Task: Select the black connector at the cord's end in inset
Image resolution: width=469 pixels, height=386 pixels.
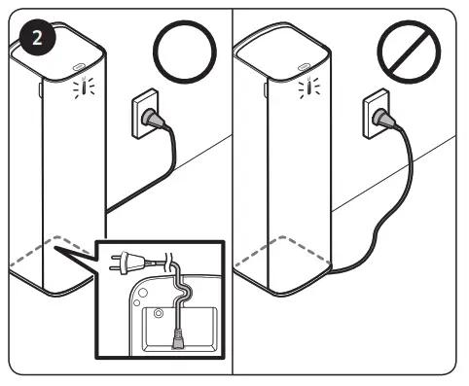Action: pos(178,338)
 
